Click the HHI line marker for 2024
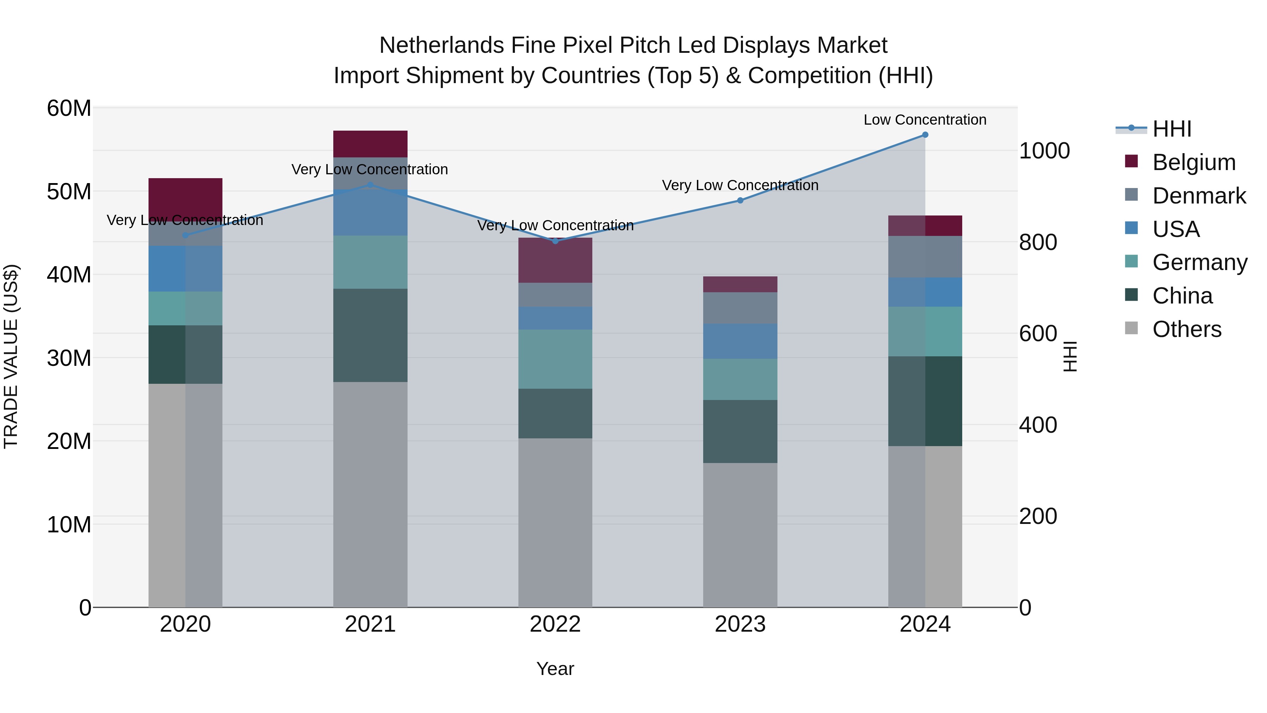pyautogui.click(x=925, y=135)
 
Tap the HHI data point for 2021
pyautogui.click(x=370, y=185)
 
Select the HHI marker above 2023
pyautogui.click(x=740, y=200)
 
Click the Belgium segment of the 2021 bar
pyautogui.click(x=370, y=144)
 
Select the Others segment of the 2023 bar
pyautogui.click(x=740, y=535)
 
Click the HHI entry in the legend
pyautogui.click(x=1172, y=129)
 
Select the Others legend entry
pyautogui.click(x=1186, y=329)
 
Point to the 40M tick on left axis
pyautogui.click(x=69, y=275)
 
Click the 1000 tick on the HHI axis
pyautogui.click(x=1044, y=151)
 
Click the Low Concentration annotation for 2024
pyautogui.click(x=925, y=120)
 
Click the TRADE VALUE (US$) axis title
pyautogui.click(x=11, y=356)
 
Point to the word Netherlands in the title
pyautogui.click(x=442, y=45)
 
